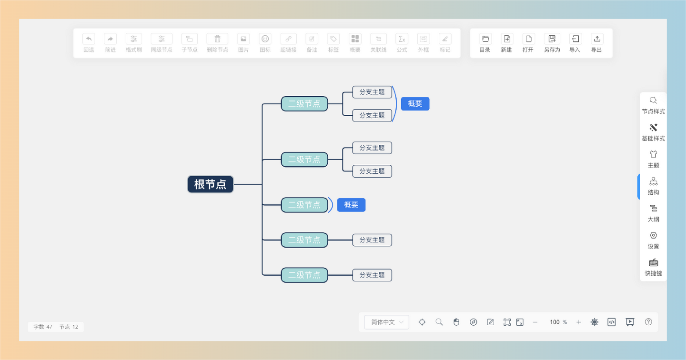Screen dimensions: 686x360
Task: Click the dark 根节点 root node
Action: [x=211, y=184]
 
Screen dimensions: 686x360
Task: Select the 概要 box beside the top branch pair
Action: [x=415, y=104]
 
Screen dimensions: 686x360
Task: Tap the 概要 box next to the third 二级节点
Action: [x=351, y=205]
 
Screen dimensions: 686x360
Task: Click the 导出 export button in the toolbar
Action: [x=596, y=42]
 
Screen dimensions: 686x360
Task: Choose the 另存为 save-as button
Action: [x=552, y=42]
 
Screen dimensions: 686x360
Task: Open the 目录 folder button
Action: [x=485, y=42]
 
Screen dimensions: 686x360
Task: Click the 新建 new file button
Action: [x=506, y=42]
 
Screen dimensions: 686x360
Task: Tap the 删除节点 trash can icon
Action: [x=217, y=39]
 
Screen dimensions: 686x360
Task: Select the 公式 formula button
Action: [x=402, y=42]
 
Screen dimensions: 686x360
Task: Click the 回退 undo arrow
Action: [x=89, y=39]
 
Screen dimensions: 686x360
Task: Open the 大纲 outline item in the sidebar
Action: [x=653, y=213]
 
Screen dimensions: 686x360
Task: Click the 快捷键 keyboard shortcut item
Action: [x=653, y=267]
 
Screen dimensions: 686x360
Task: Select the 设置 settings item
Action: [x=653, y=240]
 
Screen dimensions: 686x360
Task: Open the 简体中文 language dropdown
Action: [x=386, y=322]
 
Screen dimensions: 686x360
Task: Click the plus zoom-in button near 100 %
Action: [x=578, y=322]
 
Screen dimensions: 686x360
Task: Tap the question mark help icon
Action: [x=648, y=322]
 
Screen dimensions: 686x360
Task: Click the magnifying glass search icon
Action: [x=439, y=322]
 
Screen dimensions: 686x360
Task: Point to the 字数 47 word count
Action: [x=42, y=327]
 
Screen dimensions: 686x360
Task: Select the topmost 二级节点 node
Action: [x=304, y=104]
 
